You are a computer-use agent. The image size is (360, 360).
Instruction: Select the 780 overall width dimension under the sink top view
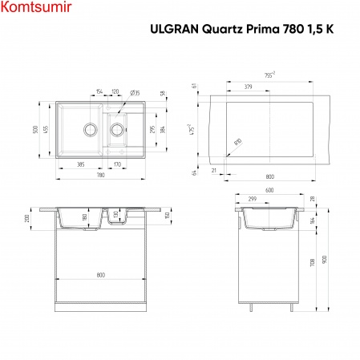pyautogui.click(x=100, y=174)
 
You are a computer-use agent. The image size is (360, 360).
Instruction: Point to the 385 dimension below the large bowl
pyautogui.click(x=81, y=164)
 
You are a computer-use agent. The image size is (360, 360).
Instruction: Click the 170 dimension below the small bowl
pyautogui.click(x=117, y=164)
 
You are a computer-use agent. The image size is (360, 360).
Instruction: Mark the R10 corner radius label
pyautogui.click(x=239, y=142)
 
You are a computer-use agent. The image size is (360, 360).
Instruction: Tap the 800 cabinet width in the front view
pyautogui.click(x=101, y=275)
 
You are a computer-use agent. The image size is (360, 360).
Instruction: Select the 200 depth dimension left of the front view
pyautogui.click(x=27, y=218)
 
